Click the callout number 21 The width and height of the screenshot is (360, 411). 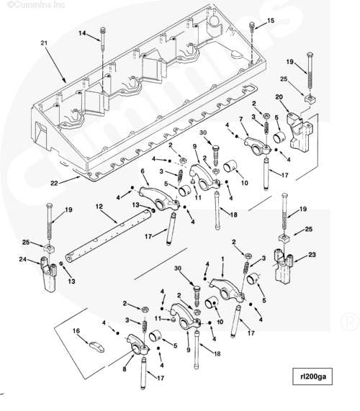tap(44, 42)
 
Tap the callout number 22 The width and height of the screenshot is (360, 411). tap(54, 183)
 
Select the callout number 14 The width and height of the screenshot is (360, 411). tap(82, 33)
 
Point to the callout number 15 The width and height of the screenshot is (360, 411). tap(271, 20)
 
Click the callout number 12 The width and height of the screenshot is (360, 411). tap(99, 207)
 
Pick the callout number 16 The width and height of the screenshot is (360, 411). tap(76, 331)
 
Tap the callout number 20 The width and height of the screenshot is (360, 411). tap(279, 97)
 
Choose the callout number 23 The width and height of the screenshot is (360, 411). tap(312, 255)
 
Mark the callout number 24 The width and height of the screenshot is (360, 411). tap(23, 259)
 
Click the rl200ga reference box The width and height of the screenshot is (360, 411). tap(312, 376)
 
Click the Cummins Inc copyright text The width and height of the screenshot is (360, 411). tap(36, 4)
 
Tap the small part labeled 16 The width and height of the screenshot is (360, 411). tap(97, 346)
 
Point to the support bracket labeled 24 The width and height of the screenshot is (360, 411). tap(49, 274)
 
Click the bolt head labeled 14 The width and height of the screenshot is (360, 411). tap(102, 29)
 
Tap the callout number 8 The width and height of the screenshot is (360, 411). tap(125, 369)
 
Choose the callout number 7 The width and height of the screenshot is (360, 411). tap(241, 119)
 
